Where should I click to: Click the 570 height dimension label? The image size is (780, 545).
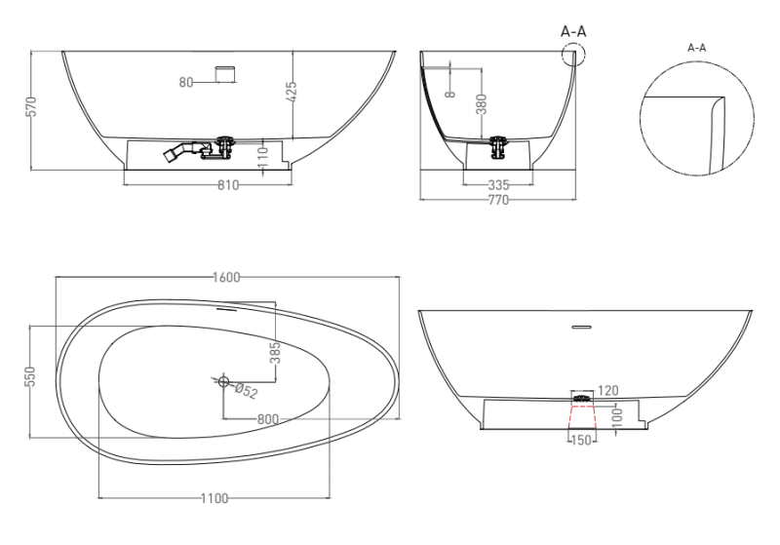click(x=31, y=106)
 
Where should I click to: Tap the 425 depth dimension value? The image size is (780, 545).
click(x=292, y=94)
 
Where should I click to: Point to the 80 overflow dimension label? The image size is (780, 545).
click(x=186, y=82)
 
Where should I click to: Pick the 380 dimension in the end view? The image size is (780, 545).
click(x=481, y=103)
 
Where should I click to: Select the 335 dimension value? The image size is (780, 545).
click(x=500, y=185)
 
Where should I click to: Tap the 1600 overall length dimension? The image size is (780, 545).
click(x=226, y=277)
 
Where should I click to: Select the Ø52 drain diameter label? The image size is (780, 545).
click(x=245, y=391)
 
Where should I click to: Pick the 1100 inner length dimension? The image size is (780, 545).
click(x=214, y=499)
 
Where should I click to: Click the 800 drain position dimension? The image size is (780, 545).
click(x=269, y=419)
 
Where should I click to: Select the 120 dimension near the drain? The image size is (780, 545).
click(x=607, y=391)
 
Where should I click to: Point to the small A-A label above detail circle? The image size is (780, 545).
click(x=697, y=47)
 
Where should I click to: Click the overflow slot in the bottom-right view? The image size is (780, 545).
click(x=581, y=326)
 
